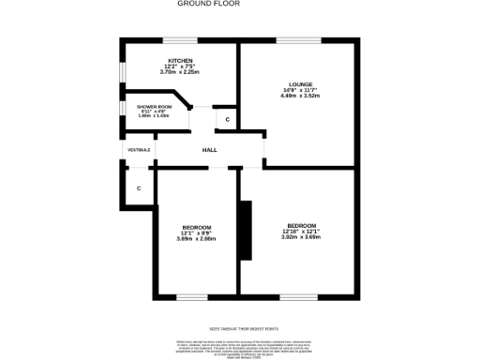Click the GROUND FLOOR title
coord(208,4)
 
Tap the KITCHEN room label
coord(180,61)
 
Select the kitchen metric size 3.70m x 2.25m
coord(180,72)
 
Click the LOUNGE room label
coord(301,83)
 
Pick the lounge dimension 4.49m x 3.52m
coord(301,96)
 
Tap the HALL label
coord(210,150)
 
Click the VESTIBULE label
coord(139,150)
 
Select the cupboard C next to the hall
coord(226,120)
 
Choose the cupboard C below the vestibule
coord(139,188)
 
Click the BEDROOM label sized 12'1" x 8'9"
coord(196,228)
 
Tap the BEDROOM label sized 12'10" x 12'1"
coord(301,226)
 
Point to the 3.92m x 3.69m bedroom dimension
coord(301,237)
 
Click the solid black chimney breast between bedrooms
coord(246,230)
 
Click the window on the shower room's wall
coord(121,110)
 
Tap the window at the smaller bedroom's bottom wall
coord(192,297)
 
